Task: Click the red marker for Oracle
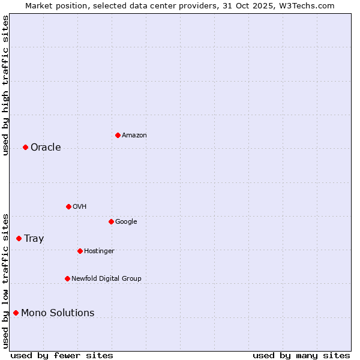(25, 148)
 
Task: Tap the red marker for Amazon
(118, 135)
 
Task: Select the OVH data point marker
(68, 206)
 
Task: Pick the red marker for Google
(111, 221)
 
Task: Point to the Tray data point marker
(19, 238)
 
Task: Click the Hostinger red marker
(80, 251)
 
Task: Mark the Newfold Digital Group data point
(67, 278)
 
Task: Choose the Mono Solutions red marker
(16, 313)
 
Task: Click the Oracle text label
(46, 148)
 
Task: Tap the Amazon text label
(134, 135)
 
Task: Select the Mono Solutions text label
(58, 313)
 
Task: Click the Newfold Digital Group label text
(106, 278)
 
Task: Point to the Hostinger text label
(99, 251)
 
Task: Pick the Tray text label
(34, 238)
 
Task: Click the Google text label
(126, 221)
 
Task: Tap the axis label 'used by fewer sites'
(62, 355)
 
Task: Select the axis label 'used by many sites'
(301, 355)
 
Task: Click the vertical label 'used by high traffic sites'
(6, 85)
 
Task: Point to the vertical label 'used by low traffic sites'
(6, 281)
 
